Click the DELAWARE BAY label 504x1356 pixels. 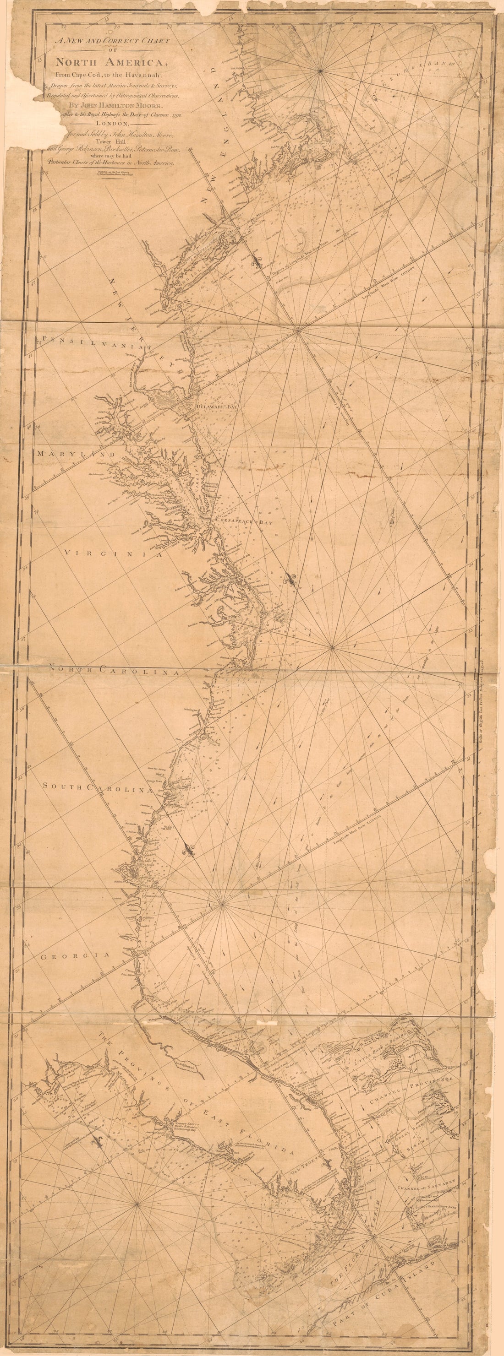point(216,407)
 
